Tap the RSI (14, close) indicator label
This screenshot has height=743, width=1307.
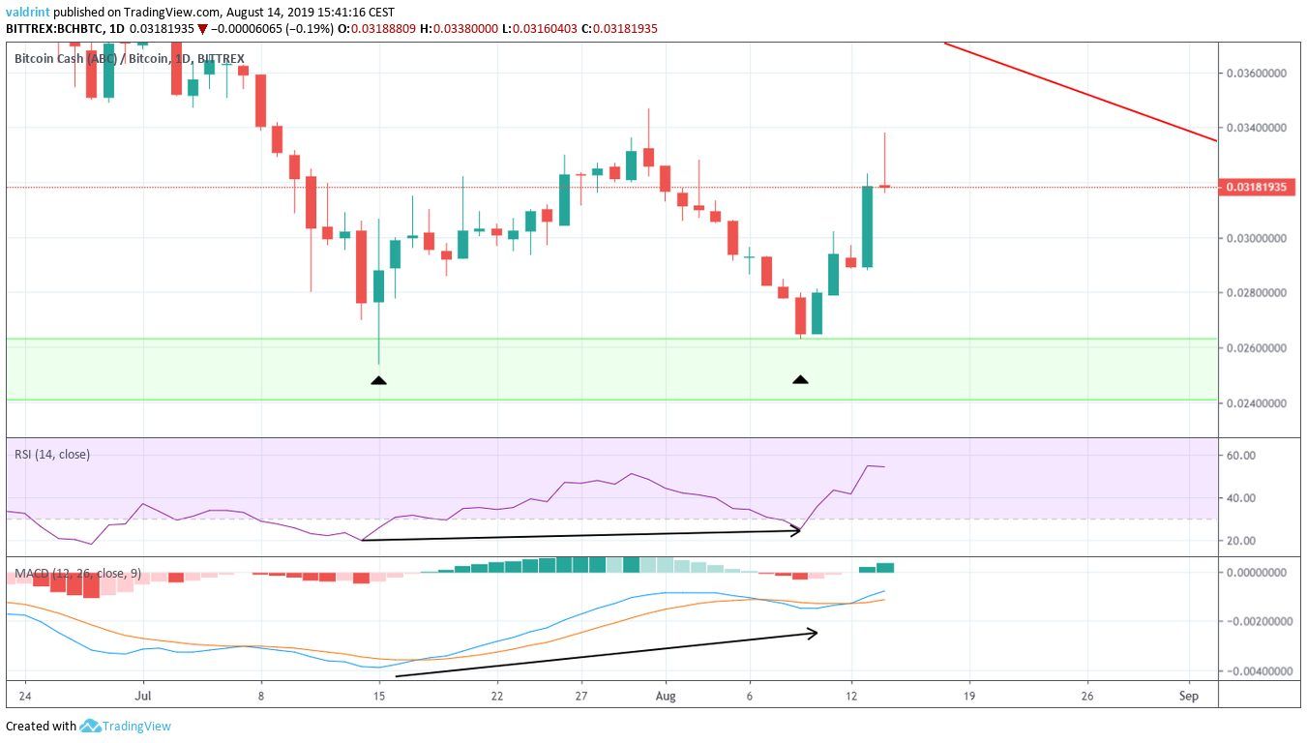tap(52, 454)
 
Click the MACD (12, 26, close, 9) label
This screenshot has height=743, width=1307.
tap(77, 574)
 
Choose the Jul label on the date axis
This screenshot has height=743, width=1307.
tap(143, 696)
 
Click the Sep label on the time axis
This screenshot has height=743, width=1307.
tap(1190, 696)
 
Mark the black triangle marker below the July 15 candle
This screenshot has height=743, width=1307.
tap(378, 380)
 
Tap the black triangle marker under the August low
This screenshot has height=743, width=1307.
tap(800, 379)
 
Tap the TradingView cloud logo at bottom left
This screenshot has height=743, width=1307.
tap(91, 726)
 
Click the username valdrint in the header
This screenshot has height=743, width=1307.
tap(27, 13)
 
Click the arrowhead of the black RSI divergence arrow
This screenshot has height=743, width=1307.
tap(798, 530)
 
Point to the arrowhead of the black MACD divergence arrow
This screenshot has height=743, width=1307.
tap(814, 633)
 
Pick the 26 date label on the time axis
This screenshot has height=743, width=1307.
tap(1087, 696)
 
